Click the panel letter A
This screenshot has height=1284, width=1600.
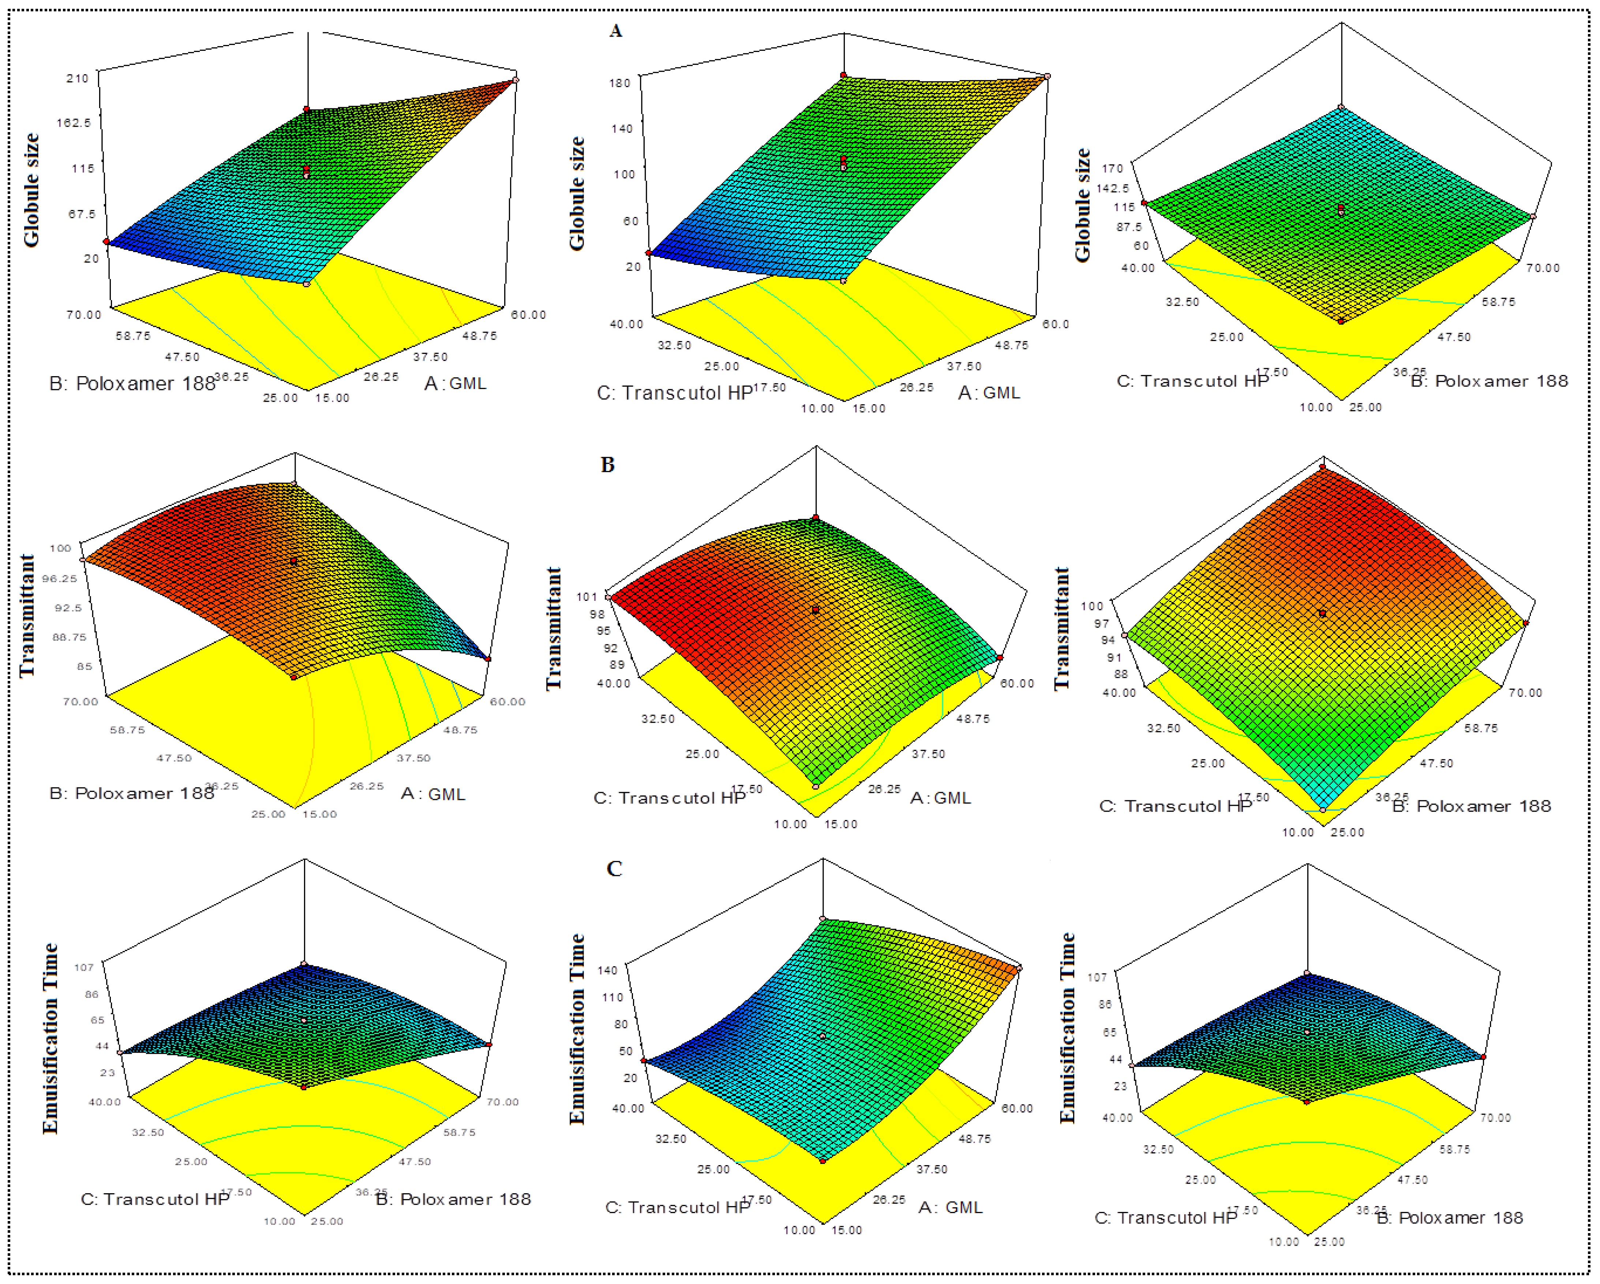click(615, 30)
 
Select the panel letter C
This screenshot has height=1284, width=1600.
click(614, 868)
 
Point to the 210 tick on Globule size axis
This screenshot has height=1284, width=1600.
click(77, 78)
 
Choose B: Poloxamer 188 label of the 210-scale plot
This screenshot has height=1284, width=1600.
click(132, 384)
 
